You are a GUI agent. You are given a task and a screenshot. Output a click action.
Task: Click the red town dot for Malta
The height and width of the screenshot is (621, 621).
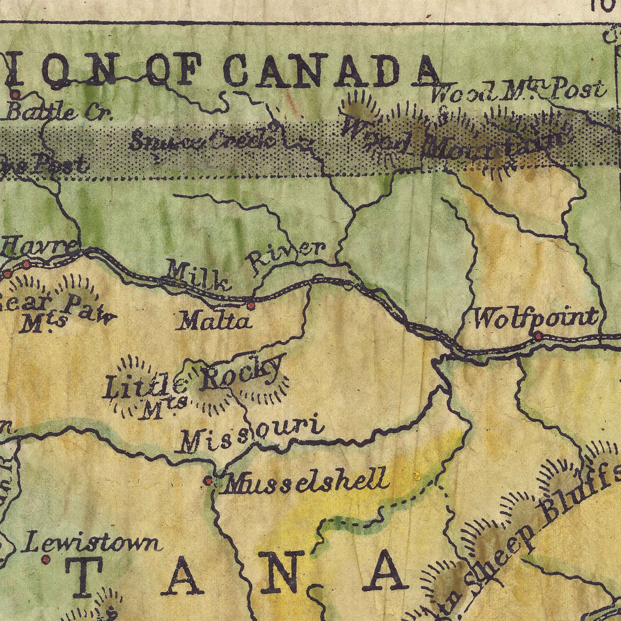pos(251,306)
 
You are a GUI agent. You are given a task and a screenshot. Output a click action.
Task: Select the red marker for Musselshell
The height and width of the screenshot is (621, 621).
pos(208,480)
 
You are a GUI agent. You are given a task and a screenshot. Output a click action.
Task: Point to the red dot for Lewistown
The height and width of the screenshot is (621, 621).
pos(46,559)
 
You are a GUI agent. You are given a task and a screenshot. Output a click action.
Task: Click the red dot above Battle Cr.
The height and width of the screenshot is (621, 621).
pos(16,94)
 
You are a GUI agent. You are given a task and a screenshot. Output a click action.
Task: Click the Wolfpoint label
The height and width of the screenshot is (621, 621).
pos(535,318)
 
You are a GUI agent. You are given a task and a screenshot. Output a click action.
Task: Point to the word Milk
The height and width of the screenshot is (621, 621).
pos(198,276)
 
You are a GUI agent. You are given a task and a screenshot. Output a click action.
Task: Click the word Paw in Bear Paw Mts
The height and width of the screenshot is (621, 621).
pos(90,309)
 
